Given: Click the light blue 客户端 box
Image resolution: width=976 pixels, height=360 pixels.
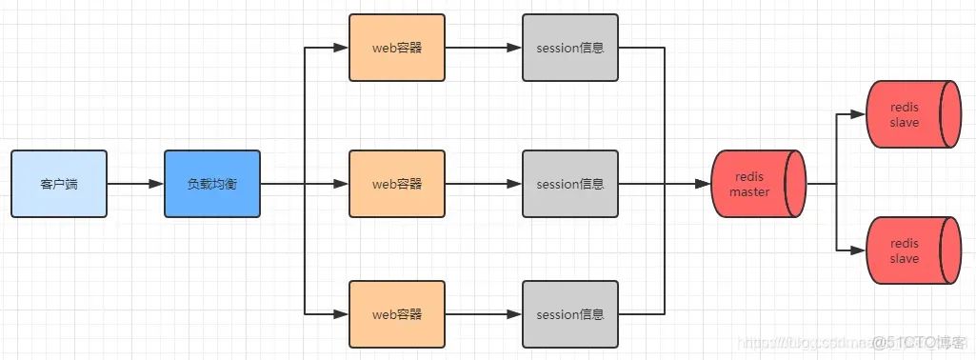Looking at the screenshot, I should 59,183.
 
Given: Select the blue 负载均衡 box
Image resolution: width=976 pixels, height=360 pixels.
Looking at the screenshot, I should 211,183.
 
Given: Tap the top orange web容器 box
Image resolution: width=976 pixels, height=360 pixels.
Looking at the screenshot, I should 396,48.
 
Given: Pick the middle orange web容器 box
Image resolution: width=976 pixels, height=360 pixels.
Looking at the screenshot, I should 396,183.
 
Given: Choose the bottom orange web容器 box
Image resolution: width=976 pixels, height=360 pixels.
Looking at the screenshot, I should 396,313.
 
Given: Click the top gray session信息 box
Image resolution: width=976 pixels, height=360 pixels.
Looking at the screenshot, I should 569,48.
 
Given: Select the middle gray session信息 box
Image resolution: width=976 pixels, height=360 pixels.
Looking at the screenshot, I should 569,183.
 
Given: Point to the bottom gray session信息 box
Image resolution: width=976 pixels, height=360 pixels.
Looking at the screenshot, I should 569,313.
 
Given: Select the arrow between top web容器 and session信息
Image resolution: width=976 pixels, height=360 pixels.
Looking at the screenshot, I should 483,48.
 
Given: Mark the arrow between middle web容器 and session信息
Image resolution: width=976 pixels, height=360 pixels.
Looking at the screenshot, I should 483,183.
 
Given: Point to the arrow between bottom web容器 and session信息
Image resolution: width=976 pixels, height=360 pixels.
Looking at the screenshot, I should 483,313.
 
